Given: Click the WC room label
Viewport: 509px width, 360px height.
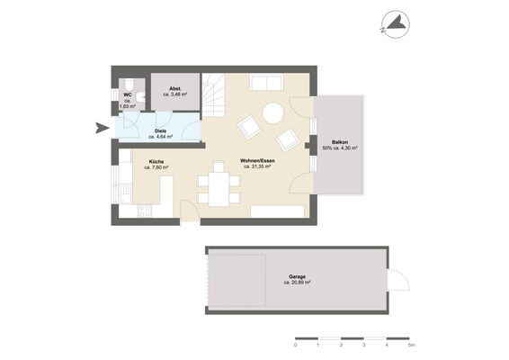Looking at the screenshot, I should coord(127,92).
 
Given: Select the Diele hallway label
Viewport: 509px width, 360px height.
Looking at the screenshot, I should coord(160,131).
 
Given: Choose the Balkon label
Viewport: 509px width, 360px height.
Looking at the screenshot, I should coord(340,141).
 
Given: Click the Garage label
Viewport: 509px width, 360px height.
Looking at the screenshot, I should coord(297,276).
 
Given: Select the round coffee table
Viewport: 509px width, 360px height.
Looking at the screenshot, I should coord(272,113).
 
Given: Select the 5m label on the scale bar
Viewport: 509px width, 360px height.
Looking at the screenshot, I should coord(410,346).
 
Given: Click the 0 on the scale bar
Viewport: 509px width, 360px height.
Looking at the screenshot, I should coord(296,346).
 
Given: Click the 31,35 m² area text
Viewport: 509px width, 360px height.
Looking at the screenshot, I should coord(256,166).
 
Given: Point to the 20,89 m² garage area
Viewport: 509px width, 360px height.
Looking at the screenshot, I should coord(298,283).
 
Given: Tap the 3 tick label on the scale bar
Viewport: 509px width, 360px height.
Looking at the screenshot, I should coord(364,346).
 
